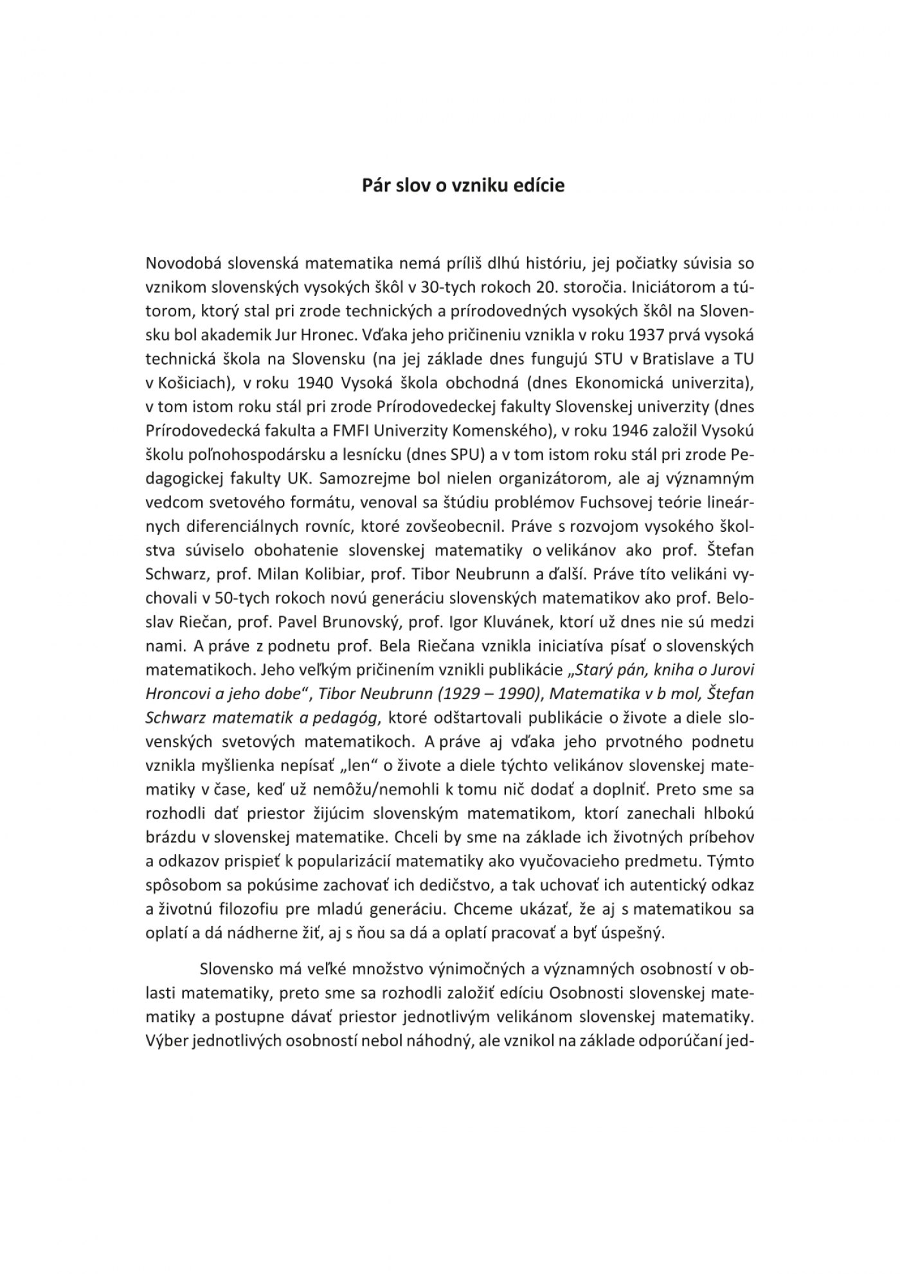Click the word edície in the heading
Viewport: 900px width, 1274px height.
[x=539, y=186]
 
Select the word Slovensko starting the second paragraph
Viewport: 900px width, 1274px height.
[x=236, y=969]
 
